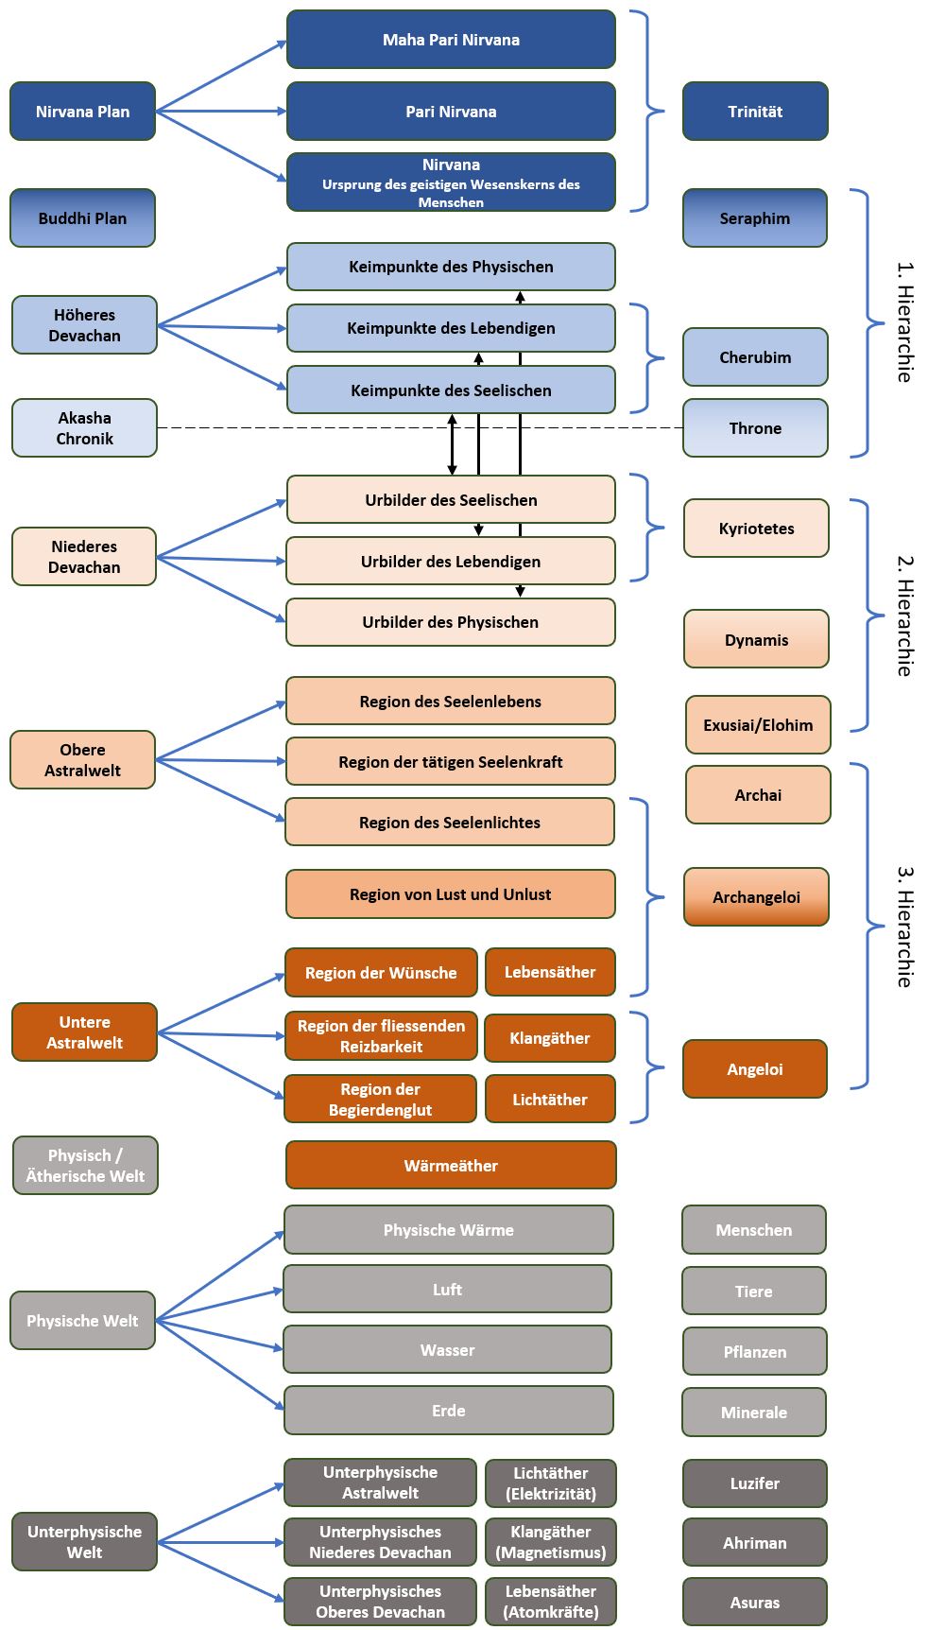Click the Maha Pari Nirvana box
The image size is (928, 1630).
(451, 40)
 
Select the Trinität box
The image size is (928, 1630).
(755, 112)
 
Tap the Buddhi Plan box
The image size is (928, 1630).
(82, 218)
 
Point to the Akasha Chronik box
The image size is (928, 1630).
(84, 428)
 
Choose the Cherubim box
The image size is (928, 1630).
(755, 357)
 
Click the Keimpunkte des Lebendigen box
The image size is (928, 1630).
(451, 328)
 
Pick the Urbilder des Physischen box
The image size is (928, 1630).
(450, 622)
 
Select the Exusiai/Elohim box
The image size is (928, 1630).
(758, 725)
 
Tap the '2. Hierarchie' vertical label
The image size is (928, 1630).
(903, 616)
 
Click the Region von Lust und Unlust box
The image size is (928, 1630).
(450, 894)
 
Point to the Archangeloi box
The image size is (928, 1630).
(756, 896)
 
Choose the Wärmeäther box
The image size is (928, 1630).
(451, 1166)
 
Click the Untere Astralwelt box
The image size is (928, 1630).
(84, 1032)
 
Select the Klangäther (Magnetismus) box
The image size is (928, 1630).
(551, 1542)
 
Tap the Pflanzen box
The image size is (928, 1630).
(755, 1352)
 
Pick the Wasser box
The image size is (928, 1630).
(447, 1350)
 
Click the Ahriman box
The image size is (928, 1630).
(755, 1543)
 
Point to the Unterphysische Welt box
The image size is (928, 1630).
(84, 1542)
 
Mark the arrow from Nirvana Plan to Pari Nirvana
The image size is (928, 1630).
(221, 112)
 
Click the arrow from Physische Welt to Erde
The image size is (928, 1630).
(219, 1365)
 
